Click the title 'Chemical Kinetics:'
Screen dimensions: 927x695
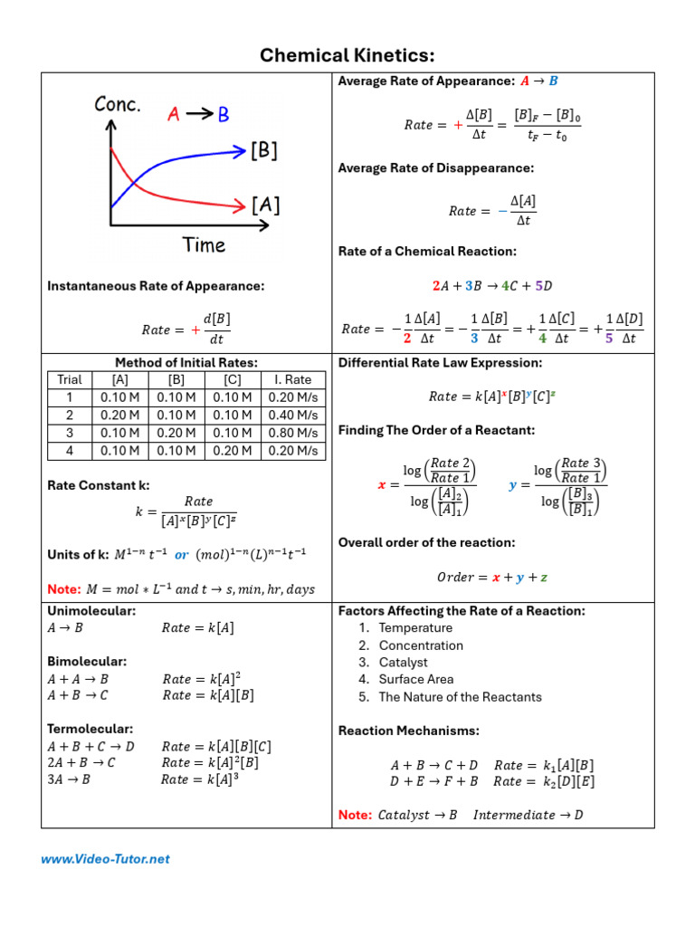click(347, 55)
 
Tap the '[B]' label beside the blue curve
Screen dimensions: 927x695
click(264, 151)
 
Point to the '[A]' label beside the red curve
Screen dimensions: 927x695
click(265, 205)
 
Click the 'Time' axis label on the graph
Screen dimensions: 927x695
click(204, 244)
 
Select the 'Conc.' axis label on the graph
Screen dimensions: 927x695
click(118, 105)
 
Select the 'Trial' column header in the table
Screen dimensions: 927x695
click(70, 379)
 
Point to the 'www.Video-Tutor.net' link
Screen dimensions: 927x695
click(105, 859)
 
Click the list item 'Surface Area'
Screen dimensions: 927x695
click(416, 679)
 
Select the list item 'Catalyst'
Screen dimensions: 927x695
click(404, 662)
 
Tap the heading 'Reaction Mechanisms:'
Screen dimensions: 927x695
click(409, 731)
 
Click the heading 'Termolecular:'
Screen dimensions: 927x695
click(90, 728)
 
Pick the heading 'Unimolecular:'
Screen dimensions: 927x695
click(91, 611)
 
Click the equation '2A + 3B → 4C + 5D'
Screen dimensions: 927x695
click(493, 285)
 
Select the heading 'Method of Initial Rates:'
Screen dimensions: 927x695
click(186, 362)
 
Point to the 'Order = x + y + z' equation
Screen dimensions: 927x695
click(493, 577)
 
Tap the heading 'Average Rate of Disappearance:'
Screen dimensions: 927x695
click(436, 167)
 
